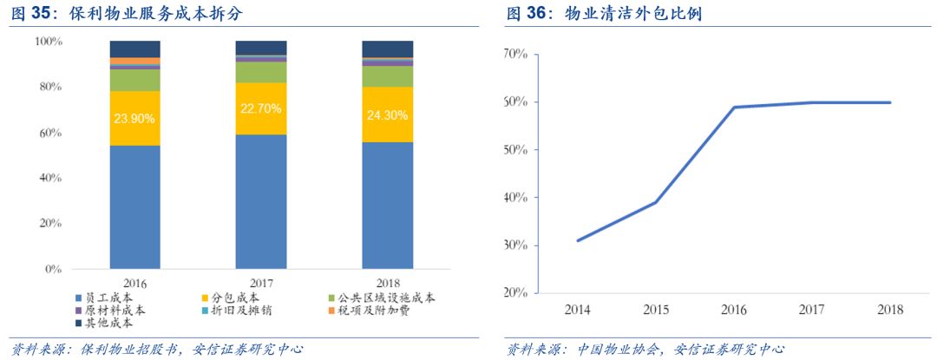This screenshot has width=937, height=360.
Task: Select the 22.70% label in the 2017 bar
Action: tap(261, 109)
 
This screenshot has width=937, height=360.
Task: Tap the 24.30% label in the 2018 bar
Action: tap(387, 113)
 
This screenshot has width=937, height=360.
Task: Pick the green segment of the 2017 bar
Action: tap(261, 72)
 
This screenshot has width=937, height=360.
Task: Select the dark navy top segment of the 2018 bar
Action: tap(387, 49)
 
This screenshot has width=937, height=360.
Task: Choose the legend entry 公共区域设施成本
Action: tap(382, 298)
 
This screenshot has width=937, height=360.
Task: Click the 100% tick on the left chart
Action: tap(48, 42)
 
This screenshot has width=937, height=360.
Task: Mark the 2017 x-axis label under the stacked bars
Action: tap(261, 283)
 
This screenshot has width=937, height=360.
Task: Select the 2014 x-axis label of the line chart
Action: tap(577, 310)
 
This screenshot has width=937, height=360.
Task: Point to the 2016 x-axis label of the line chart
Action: tap(734, 310)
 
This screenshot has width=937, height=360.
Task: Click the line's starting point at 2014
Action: tap(577, 240)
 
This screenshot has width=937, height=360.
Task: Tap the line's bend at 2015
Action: tap(655, 202)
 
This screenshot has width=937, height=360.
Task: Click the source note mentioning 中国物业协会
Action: tap(645, 349)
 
